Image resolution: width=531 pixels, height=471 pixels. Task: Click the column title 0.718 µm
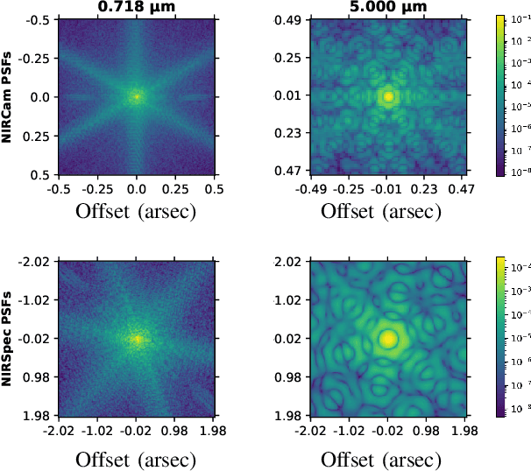(x=137, y=7)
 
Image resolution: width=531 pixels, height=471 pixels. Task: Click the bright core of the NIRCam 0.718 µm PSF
(x=137, y=96)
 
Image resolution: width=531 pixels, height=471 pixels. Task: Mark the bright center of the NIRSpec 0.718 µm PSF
(x=137, y=338)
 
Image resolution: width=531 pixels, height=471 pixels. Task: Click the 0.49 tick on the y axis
(x=291, y=19)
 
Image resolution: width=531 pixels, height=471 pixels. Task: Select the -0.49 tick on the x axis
(x=311, y=187)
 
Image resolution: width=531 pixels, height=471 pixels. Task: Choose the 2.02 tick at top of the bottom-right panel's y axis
(x=291, y=261)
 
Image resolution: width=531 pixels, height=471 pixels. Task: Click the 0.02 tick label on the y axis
(x=291, y=338)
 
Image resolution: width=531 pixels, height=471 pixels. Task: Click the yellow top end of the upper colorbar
(x=500, y=18)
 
